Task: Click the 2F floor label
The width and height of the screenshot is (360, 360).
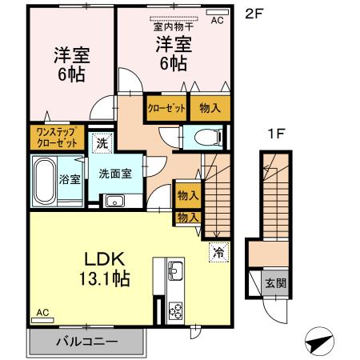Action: [x=253, y=13]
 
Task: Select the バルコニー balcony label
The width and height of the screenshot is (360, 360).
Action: [x=86, y=342]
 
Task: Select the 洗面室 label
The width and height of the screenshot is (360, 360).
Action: [x=114, y=174]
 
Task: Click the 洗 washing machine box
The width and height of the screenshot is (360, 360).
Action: [x=101, y=143]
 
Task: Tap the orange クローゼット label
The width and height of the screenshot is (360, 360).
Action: [x=166, y=106]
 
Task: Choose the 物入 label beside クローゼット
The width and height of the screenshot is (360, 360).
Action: [x=210, y=106]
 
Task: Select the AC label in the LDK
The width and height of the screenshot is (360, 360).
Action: [x=43, y=313]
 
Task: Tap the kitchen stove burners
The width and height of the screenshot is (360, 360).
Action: [x=176, y=308]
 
